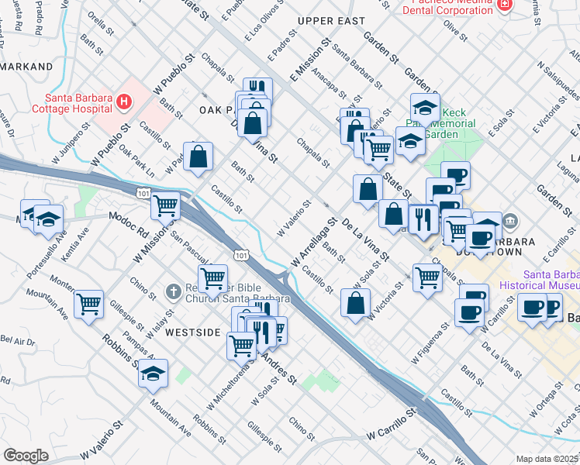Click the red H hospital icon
coord(123,102)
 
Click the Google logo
coord(26,455)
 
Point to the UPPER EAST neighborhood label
coord(330,21)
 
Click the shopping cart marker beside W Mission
coord(165,205)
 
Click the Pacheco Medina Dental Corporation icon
coord(505,5)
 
